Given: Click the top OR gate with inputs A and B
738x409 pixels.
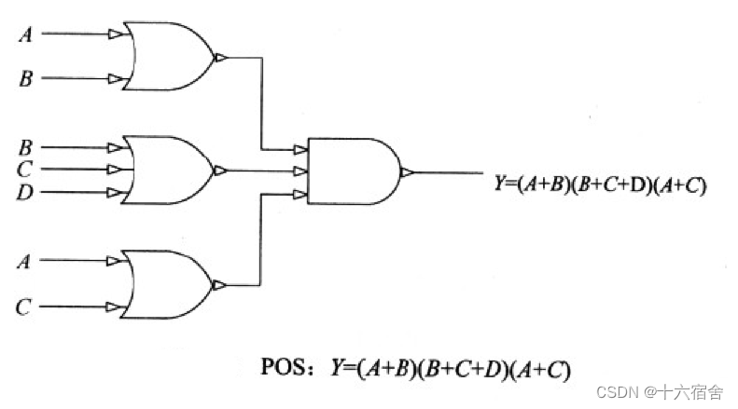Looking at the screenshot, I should pyautogui.click(x=168, y=57).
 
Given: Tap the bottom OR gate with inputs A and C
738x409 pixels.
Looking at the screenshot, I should pyautogui.click(x=168, y=284).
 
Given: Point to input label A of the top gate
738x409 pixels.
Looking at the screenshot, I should pyautogui.click(x=25, y=35).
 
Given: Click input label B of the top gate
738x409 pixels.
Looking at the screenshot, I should pyautogui.click(x=25, y=79).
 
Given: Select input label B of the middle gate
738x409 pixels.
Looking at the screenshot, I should pyautogui.click(x=25, y=147).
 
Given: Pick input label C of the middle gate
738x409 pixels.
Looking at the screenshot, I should pyautogui.click(x=25, y=170).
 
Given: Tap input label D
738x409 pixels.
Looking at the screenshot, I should pyautogui.click(x=25, y=193).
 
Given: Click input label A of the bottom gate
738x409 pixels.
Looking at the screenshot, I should pyautogui.click(x=25, y=262).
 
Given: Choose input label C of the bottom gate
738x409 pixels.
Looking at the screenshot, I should pyautogui.click(x=25, y=306).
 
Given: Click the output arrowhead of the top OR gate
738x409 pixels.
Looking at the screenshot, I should pyautogui.click(x=220, y=58).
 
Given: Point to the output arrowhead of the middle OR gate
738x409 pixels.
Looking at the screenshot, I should pyautogui.click(x=220, y=171).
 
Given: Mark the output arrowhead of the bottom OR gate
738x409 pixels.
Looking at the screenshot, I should pyautogui.click(x=220, y=285).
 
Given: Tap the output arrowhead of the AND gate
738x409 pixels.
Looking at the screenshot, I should pyautogui.click(x=406, y=172).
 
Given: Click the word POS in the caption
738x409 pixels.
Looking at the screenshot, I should pyautogui.click(x=285, y=367).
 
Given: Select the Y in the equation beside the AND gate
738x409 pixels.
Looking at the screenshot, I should pyautogui.click(x=499, y=184).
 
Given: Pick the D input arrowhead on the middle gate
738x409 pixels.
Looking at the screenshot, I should pyautogui.click(x=116, y=193).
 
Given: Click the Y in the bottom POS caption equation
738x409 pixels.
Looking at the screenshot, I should pyautogui.click(x=336, y=367).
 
